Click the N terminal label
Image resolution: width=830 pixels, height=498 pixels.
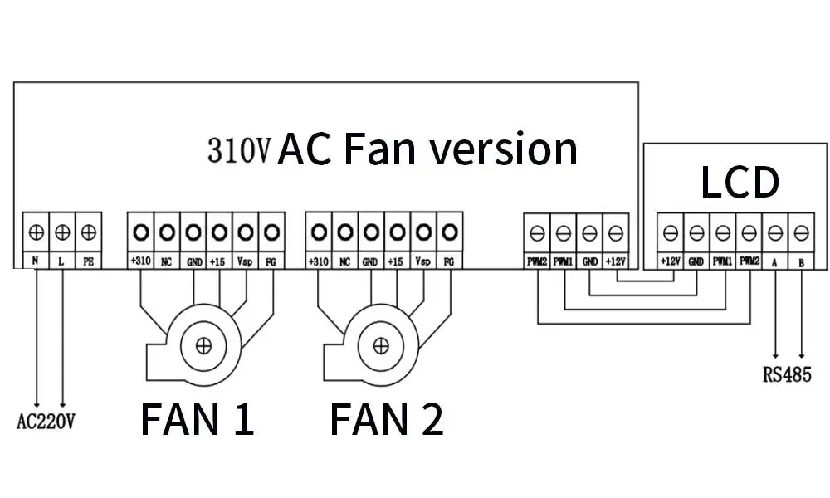pyautogui.click(x=36, y=261)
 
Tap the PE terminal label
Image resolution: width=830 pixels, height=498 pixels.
pyautogui.click(x=89, y=261)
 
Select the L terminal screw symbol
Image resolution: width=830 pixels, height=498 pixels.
pyautogui.click(x=62, y=232)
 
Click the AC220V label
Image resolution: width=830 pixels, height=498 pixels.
pyautogui.click(x=46, y=422)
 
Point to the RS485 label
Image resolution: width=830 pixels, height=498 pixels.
pyautogui.click(x=786, y=374)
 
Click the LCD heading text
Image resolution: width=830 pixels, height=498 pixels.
pyautogui.click(x=740, y=183)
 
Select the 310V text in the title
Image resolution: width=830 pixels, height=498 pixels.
pyautogui.click(x=239, y=151)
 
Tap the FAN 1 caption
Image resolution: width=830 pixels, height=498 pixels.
pyautogui.click(x=197, y=419)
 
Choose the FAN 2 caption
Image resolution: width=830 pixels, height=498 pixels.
pyautogui.click(x=386, y=419)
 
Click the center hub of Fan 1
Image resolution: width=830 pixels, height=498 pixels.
pyautogui.click(x=202, y=344)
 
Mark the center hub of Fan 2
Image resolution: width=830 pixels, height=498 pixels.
pyautogui.click(x=379, y=344)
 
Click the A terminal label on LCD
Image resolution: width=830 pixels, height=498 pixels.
pyautogui.click(x=775, y=261)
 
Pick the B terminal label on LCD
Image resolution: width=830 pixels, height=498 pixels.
pyautogui.click(x=801, y=261)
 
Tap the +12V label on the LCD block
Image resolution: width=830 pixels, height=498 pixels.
pyautogui.click(x=671, y=261)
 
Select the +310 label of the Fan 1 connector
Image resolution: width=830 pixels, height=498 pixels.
pyautogui.click(x=140, y=261)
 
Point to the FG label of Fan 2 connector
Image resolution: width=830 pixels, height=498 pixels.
pyautogui.click(x=449, y=261)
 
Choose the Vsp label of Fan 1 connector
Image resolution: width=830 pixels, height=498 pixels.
pyautogui.click(x=244, y=261)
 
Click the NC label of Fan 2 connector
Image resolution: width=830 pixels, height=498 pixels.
pyautogui.click(x=345, y=261)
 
